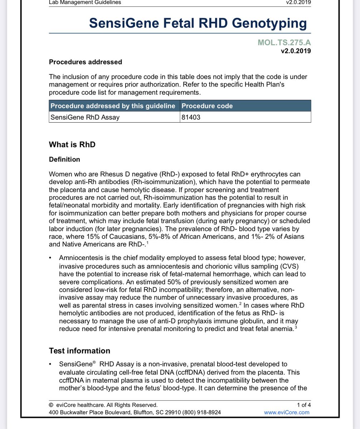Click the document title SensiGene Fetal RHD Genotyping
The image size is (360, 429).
click(x=198, y=23)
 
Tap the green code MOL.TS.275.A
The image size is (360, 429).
click(x=284, y=43)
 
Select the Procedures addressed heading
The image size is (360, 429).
click(x=85, y=62)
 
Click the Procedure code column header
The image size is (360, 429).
click(x=207, y=106)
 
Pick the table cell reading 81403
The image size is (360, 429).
click(x=191, y=117)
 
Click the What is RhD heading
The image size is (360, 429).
click(x=72, y=145)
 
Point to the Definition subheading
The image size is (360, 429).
click(x=64, y=159)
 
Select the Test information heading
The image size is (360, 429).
click(x=79, y=351)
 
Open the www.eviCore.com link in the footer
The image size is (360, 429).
click(x=286, y=412)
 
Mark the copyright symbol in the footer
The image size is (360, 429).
click(x=51, y=405)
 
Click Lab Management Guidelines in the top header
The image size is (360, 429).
click(x=85, y=3)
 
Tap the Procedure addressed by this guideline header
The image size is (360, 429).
click(x=113, y=106)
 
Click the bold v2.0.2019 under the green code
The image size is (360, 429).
click(x=296, y=51)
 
